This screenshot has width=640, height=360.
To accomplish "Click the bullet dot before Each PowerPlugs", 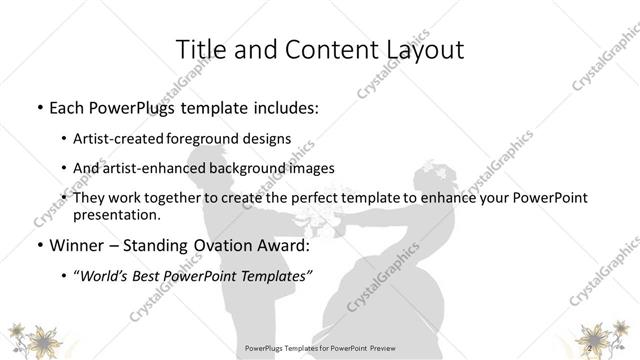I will point(38,107).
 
